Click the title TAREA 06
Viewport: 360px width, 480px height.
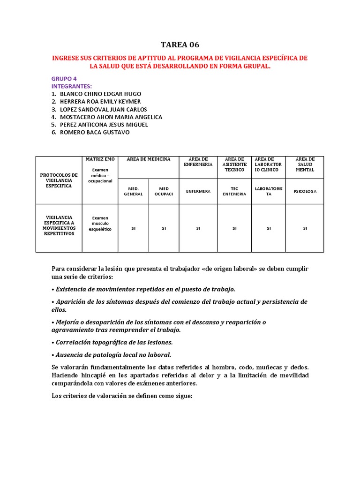click(x=180, y=45)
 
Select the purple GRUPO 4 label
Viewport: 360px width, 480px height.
click(x=64, y=79)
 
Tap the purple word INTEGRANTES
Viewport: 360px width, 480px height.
click(x=71, y=86)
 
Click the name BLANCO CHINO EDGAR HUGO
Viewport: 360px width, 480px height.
click(x=100, y=94)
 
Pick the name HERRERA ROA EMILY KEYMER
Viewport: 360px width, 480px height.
click(x=100, y=101)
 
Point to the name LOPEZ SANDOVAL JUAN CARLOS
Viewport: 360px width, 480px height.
click(x=103, y=109)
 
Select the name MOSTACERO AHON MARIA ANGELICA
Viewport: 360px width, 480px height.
click(x=111, y=117)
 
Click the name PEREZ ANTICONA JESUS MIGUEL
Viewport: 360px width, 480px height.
click(x=104, y=125)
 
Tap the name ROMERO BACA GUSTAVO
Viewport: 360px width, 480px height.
click(x=95, y=132)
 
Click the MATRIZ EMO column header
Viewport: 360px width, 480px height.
click(x=100, y=159)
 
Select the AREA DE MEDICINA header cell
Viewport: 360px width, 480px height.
click(x=149, y=159)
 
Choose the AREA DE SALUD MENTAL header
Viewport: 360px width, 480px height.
click(x=305, y=165)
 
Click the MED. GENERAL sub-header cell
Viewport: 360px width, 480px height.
click(x=133, y=191)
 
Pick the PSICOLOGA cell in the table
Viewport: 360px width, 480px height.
click(x=305, y=191)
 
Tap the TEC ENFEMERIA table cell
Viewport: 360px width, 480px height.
click(x=234, y=191)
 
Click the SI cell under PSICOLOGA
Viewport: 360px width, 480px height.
click(x=305, y=228)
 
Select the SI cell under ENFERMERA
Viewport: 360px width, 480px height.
click(x=198, y=228)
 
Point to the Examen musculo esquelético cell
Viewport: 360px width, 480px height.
click(x=100, y=224)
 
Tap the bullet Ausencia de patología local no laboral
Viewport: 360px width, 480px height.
click(x=112, y=354)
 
